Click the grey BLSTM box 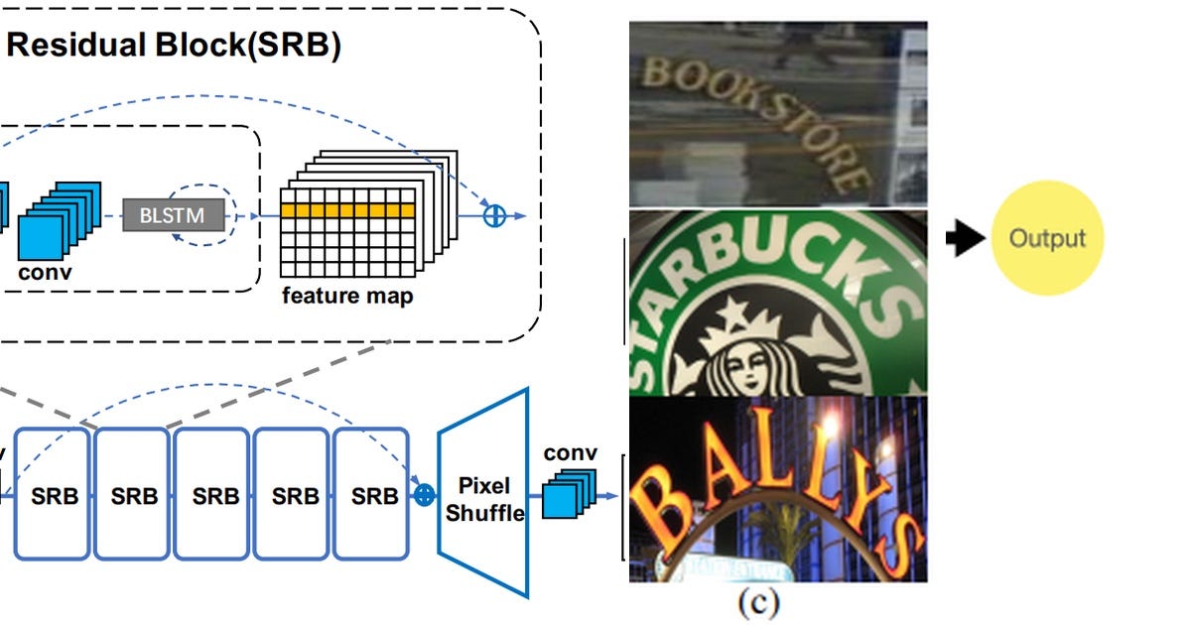(x=174, y=214)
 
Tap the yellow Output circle (x=1047, y=238)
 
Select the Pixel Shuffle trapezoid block (x=483, y=493)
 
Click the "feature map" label (x=347, y=295)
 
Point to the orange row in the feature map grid (x=346, y=210)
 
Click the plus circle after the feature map (x=493, y=214)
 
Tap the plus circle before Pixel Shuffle (x=424, y=492)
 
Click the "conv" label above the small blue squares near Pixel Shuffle (x=571, y=453)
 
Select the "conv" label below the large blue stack (x=46, y=271)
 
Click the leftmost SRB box (x=53, y=494)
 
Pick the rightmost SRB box (x=373, y=494)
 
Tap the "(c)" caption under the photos (x=757, y=602)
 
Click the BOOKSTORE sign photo (x=777, y=114)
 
